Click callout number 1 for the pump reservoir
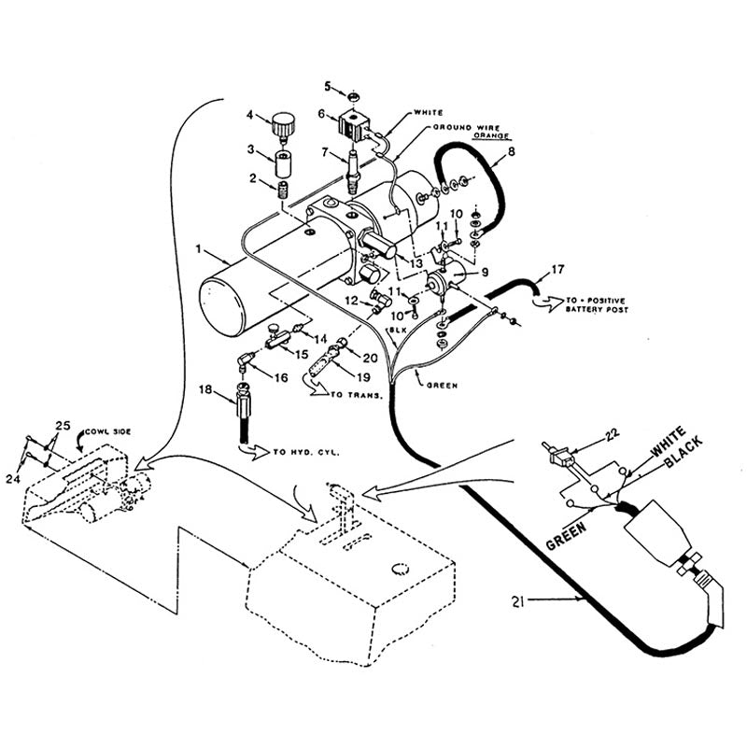(199, 250)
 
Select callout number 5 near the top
(328, 86)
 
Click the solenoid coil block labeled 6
(357, 124)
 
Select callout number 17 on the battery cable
(557, 271)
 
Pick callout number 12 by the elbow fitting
(349, 300)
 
